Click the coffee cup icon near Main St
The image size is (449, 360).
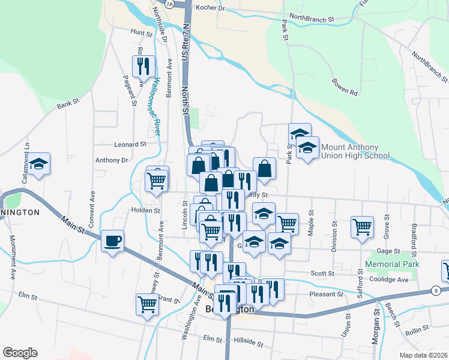[113, 241]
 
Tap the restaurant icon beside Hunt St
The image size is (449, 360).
[143, 67]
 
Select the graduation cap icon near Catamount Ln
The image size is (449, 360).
[39, 164]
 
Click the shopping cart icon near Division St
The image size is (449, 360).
[363, 227]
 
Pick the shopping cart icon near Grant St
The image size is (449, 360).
[147, 304]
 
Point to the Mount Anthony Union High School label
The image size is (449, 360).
[355, 151]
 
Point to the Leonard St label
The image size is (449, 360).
[130, 145]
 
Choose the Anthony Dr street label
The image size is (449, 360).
[112, 160]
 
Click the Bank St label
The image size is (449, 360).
[68, 104]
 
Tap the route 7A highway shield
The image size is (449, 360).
[169, 4]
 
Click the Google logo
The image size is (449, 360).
[20, 353]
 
